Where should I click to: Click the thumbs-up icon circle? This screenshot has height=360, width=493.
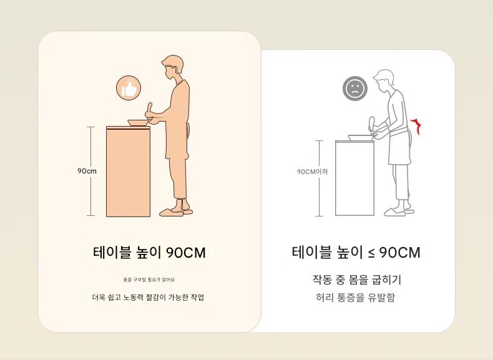(x=129, y=88)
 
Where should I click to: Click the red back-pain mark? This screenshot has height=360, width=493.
(x=417, y=126)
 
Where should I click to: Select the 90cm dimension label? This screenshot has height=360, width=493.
(x=87, y=171)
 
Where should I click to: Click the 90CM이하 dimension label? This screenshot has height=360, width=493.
(x=312, y=172)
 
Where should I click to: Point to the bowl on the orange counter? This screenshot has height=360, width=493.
(x=139, y=123)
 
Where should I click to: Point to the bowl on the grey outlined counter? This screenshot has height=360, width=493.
(x=361, y=137)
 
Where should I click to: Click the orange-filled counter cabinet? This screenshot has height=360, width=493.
(x=128, y=172)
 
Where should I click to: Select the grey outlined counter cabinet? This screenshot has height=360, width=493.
(x=354, y=178)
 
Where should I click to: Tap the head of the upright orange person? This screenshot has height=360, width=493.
(x=172, y=67)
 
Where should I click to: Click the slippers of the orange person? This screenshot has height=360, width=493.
(x=176, y=212)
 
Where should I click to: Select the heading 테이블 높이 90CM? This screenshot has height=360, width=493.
(x=149, y=253)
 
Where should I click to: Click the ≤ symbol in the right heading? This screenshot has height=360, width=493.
(x=371, y=253)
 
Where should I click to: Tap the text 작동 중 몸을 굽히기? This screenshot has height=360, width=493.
(x=356, y=280)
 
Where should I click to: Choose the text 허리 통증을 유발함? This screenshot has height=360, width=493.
(x=355, y=297)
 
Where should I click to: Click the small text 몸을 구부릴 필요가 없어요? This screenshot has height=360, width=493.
(x=149, y=280)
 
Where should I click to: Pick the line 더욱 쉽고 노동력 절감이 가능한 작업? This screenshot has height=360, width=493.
(x=148, y=297)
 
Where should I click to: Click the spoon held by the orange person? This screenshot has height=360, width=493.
(x=149, y=110)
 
